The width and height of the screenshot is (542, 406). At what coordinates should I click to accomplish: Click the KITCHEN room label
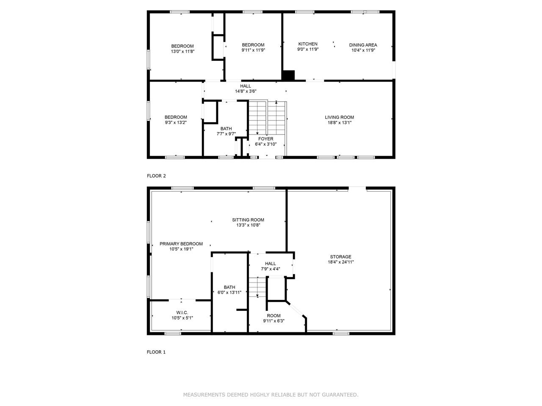[x=308, y=44]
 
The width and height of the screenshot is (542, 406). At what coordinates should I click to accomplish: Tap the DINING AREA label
[x=363, y=45]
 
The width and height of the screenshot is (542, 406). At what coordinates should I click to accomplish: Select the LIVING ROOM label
[x=339, y=117]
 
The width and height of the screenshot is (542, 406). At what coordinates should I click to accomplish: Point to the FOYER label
[x=265, y=139]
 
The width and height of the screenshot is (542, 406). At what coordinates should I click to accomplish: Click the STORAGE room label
[x=340, y=257]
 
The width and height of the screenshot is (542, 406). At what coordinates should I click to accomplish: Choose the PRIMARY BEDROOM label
[x=181, y=244]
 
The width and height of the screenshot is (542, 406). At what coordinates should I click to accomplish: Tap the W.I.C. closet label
[x=182, y=313]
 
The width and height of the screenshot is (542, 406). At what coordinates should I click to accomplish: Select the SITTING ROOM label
[x=248, y=220]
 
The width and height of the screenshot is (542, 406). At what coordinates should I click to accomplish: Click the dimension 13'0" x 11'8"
[x=183, y=52]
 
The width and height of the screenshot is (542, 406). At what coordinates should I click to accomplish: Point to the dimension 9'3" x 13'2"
[x=176, y=123]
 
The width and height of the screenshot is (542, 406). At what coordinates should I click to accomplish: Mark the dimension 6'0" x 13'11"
[x=230, y=293]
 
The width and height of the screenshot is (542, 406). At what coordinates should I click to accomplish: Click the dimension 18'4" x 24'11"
[x=340, y=262]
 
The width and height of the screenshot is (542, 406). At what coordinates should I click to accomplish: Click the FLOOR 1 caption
[x=156, y=352]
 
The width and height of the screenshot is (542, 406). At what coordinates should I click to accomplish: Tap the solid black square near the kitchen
[x=288, y=75]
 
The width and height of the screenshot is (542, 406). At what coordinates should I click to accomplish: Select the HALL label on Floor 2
[x=246, y=86]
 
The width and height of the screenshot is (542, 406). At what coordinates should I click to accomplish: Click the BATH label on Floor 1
[x=230, y=287]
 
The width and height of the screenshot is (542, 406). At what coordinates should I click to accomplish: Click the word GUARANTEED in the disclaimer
[x=340, y=395]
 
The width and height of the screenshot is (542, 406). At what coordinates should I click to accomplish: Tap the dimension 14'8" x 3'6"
[x=246, y=91]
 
